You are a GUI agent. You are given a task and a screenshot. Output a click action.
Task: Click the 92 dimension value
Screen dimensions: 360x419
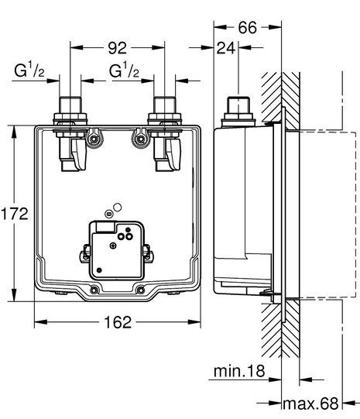[117, 48]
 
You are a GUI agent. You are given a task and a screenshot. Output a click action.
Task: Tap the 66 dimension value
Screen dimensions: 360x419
[248, 28]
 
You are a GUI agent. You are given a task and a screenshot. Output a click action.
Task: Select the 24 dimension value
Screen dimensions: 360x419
[226, 48]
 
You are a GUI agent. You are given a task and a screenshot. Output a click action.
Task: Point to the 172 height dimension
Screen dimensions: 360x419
[15, 214]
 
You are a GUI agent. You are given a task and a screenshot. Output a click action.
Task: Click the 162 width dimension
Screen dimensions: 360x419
[118, 322]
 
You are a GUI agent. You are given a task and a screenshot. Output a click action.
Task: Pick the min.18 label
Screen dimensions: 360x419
[239, 371]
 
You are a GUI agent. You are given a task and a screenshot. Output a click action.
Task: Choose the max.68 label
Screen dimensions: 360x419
[310, 404]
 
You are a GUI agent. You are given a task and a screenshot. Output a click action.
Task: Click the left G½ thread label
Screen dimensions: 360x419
[29, 70]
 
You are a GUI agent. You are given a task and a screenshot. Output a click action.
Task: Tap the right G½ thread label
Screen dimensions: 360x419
[124, 70]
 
